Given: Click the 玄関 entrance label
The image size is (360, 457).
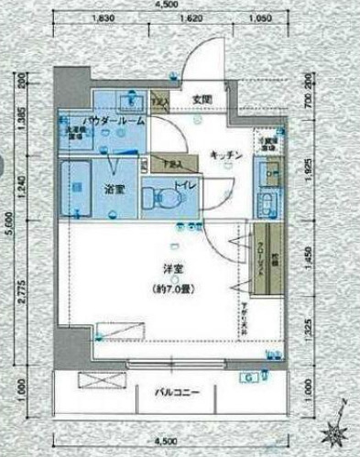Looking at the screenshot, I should point(201,99).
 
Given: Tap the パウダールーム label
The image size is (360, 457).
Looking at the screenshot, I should point(111,120).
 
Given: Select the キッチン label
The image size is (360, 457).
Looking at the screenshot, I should point(224,156).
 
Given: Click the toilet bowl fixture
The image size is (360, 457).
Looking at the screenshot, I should point(165,195).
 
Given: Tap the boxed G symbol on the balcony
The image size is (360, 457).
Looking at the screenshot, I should point(248,377).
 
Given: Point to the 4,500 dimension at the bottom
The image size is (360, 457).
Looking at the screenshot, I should point(170,438).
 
